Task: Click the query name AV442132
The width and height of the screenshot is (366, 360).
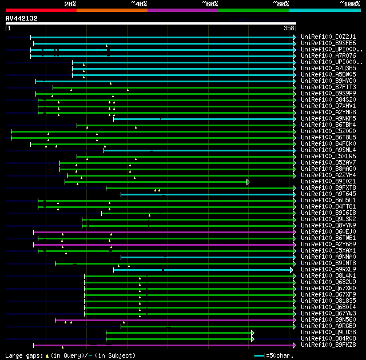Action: [x=21, y=18]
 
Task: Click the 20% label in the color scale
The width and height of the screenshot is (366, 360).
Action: [x=70, y=4]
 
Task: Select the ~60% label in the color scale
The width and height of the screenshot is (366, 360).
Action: [x=210, y=4]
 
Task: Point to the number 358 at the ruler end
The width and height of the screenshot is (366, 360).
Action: [x=289, y=28]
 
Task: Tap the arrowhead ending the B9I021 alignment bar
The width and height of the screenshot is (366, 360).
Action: [x=248, y=182]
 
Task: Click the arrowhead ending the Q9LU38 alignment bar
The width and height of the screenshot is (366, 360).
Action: [x=252, y=332]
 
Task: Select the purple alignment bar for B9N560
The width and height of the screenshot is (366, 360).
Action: [x=172, y=320]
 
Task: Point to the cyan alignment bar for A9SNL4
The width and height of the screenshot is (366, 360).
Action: [x=200, y=150]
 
